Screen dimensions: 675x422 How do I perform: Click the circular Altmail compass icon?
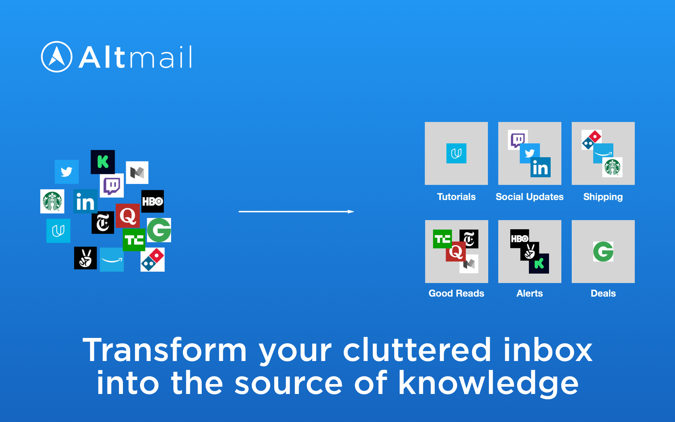(x=57, y=57)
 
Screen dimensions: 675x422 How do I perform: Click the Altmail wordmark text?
(x=135, y=57)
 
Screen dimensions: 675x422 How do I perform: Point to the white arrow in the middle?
(x=296, y=211)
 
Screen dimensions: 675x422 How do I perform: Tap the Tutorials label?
(x=456, y=197)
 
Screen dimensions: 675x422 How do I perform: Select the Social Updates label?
(x=530, y=197)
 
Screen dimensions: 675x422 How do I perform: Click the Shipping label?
(x=603, y=197)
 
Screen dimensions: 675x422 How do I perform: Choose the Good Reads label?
(x=456, y=293)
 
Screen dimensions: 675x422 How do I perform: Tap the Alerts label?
(x=530, y=293)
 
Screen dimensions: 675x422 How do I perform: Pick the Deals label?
(x=603, y=293)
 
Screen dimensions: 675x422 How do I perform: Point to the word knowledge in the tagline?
(x=488, y=383)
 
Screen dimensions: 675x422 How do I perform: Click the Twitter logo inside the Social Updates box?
(x=530, y=153)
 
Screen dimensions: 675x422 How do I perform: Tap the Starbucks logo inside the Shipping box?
(x=612, y=167)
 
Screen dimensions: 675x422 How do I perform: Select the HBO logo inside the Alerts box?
(x=520, y=238)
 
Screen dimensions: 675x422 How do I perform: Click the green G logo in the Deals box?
(x=603, y=252)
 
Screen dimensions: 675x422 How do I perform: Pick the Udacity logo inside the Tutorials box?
(x=456, y=153)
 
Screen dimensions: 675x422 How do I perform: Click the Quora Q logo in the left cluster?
(x=128, y=216)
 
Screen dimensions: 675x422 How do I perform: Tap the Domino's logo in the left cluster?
(x=152, y=260)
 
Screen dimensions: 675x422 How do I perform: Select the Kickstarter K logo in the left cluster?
(x=103, y=162)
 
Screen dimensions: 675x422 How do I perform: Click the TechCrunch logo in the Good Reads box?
(x=442, y=239)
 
